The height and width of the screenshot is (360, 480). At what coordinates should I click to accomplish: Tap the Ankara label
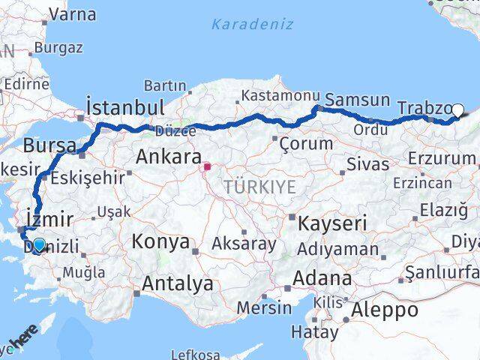(x=168, y=157)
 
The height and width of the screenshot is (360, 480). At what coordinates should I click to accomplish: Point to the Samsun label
(x=358, y=100)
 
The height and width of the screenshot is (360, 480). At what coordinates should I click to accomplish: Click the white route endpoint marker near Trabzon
(x=457, y=109)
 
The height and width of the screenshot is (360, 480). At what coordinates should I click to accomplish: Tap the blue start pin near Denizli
(x=39, y=244)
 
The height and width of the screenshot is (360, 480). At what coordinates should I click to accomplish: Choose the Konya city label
(x=160, y=241)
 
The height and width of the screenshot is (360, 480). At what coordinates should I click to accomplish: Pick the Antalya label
(x=177, y=284)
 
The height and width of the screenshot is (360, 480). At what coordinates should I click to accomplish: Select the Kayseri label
(x=332, y=223)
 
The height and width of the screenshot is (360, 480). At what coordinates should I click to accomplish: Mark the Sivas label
(x=368, y=163)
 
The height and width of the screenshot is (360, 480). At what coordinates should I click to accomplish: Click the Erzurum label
(x=442, y=158)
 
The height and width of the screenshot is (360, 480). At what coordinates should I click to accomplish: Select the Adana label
(x=323, y=278)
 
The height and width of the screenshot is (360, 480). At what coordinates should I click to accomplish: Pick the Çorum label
(x=305, y=142)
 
